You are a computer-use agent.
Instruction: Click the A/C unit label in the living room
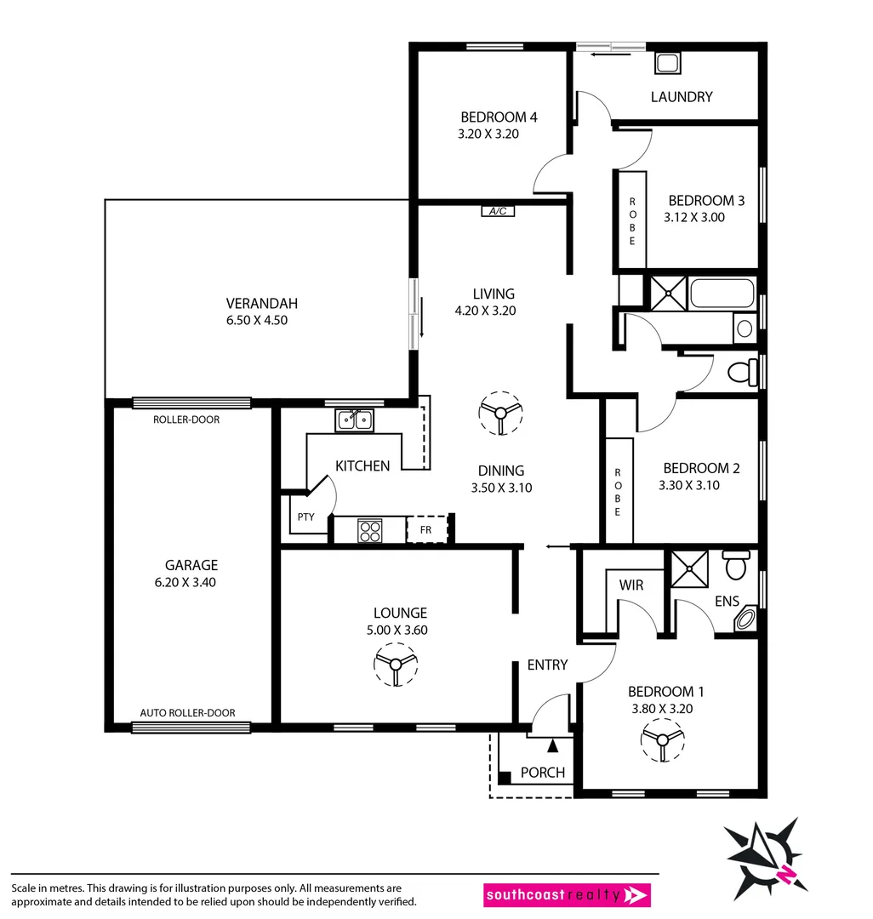[498, 211]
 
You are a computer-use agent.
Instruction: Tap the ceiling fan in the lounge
[396, 664]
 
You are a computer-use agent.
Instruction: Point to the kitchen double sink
[355, 420]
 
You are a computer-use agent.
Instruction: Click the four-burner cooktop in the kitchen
[370, 530]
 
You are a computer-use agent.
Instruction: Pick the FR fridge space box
[426, 528]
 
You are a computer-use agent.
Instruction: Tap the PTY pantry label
[306, 517]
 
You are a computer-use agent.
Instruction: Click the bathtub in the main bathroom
[722, 294]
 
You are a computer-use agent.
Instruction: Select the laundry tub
[666, 63]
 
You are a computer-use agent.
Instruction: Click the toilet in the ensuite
[735, 565]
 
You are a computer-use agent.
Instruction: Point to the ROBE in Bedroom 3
[632, 220]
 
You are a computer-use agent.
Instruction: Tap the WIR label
[630, 585]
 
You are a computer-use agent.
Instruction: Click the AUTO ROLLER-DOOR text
[188, 713]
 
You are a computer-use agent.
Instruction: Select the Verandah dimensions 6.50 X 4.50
[262, 321]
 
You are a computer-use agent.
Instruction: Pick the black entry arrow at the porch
[552, 746]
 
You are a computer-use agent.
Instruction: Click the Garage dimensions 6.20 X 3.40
[191, 583]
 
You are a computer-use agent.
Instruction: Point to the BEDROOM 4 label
[499, 117]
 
